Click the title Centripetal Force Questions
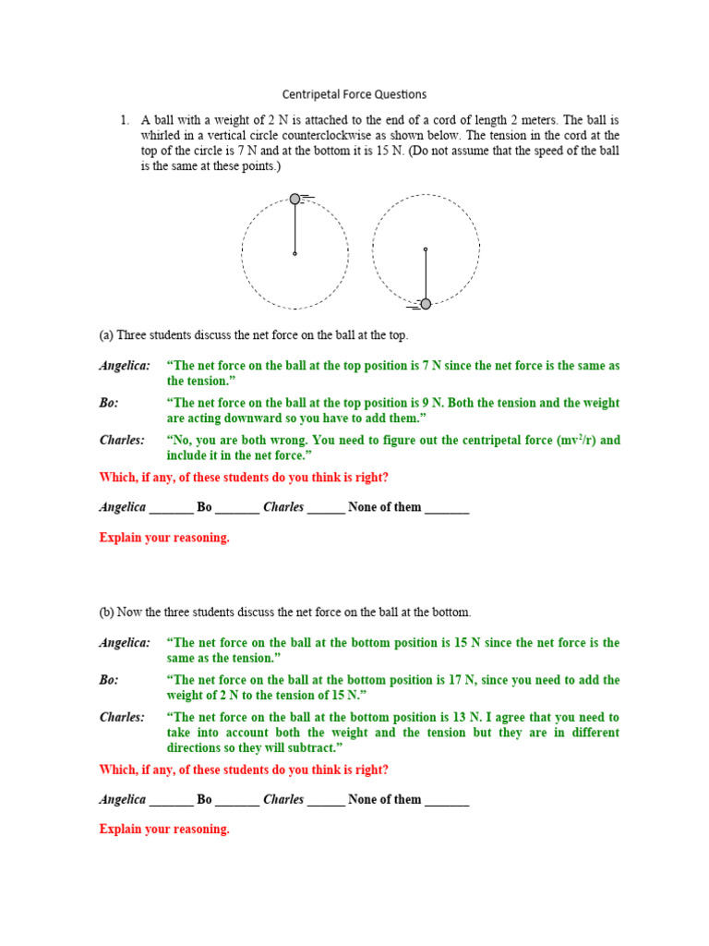click(354, 94)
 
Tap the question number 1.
click(123, 120)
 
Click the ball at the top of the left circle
click(295, 199)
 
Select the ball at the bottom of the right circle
click(426, 304)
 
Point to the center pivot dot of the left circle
click(295, 253)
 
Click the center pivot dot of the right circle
click(426, 249)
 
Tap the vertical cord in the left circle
click(295, 227)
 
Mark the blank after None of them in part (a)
click(447, 508)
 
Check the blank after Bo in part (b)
click(237, 800)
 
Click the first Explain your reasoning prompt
click(164, 538)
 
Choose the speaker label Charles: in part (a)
click(123, 440)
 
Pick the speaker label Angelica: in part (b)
click(125, 643)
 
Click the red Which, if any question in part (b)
click(244, 770)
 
